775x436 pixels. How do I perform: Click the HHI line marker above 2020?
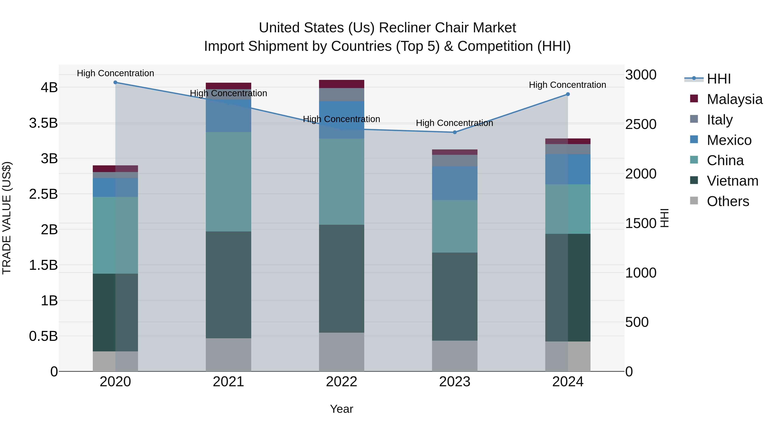coord(115,82)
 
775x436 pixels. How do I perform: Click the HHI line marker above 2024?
coord(568,94)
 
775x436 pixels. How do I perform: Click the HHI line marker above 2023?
coord(455,132)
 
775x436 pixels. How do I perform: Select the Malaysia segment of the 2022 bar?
coord(341,84)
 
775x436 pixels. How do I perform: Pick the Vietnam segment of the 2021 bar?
coord(228,285)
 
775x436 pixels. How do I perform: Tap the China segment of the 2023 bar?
coord(455,226)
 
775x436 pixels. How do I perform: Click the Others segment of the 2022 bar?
coord(341,352)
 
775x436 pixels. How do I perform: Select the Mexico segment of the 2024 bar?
coord(568,169)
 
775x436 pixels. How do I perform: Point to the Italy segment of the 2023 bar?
coord(455,160)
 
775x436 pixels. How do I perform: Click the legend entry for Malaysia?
coord(734,99)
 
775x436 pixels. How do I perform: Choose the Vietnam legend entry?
coord(732,181)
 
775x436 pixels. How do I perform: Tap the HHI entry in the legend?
coord(718,79)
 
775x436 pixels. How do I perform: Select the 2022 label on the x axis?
coord(341,382)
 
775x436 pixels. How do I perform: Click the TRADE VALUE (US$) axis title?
coord(7,218)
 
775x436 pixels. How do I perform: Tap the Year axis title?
coord(341,409)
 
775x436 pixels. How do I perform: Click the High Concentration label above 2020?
coord(115,73)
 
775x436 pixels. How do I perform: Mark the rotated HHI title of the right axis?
coord(664,218)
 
